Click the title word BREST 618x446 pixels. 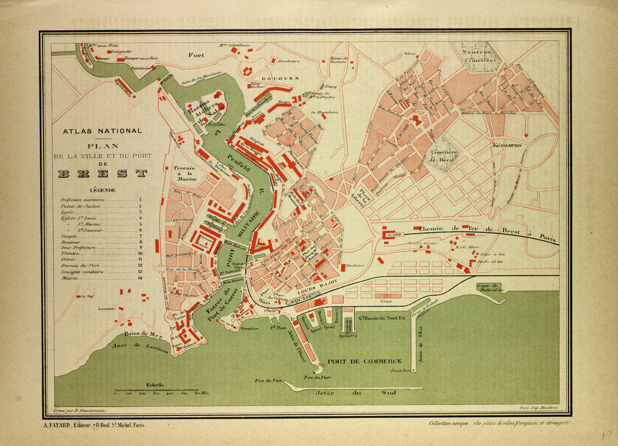103,174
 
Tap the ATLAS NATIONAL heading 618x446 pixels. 103,131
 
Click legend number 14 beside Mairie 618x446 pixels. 140,278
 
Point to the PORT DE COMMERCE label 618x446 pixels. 365,361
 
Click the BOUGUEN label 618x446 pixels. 282,78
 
